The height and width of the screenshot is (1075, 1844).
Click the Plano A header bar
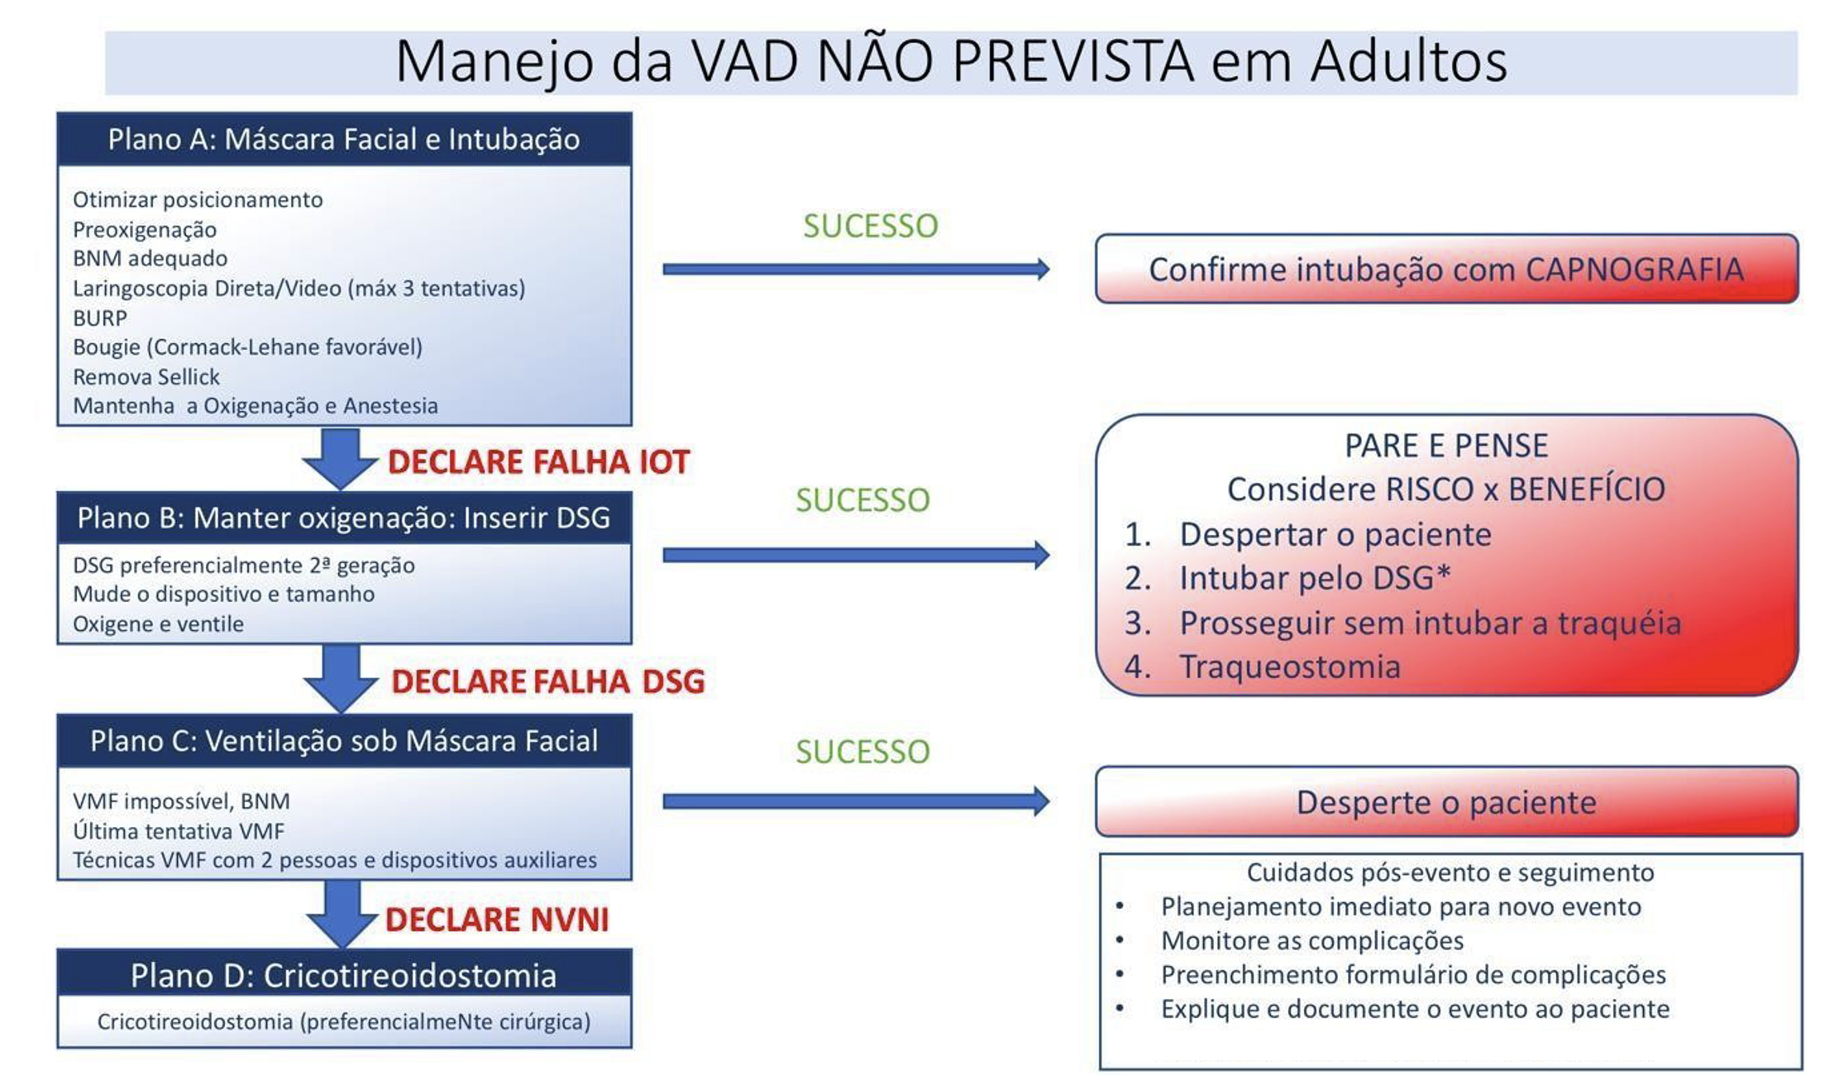coord(344,139)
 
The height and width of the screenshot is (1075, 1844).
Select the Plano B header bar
coord(344,518)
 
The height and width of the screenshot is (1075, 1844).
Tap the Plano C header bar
coord(344,741)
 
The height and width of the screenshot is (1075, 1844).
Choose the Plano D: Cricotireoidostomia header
coord(344,975)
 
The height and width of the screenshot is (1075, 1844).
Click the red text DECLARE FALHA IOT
coord(538,462)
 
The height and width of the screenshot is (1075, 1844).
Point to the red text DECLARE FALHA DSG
coord(547,681)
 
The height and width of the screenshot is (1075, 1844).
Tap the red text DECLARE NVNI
coord(497,920)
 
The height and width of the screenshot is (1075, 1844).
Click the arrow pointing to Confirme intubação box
coord(856,269)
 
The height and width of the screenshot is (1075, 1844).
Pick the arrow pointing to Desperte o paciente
coord(856,800)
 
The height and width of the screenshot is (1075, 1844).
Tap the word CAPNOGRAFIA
coord(1634,270)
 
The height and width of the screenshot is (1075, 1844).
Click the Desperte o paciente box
coord(1446,801)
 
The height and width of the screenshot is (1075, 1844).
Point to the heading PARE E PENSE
coord(1446,446)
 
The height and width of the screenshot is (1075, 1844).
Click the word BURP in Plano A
coord(100,318)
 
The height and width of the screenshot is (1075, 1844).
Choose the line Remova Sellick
coord(146,377)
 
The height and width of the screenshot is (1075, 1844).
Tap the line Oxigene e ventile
coord(158,624)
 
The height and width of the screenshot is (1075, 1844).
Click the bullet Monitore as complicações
coord(1311,940)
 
